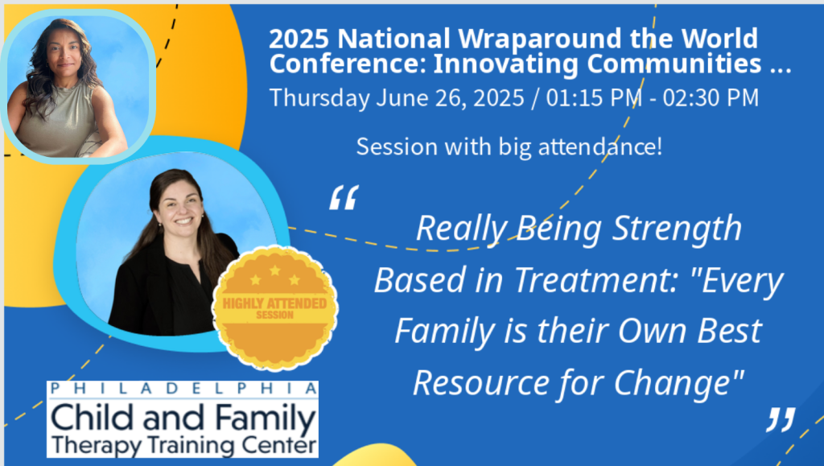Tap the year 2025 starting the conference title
click(299, 39)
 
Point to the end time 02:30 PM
click(711, 98)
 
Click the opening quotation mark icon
click(344, 197)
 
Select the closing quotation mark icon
click(781, 419)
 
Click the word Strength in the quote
click(677, 229)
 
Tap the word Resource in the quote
click(481, 382)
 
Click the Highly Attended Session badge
click(275, 308)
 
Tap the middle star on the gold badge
click(275, 270)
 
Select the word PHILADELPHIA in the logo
click(183, 389)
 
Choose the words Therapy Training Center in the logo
click(184, 445)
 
